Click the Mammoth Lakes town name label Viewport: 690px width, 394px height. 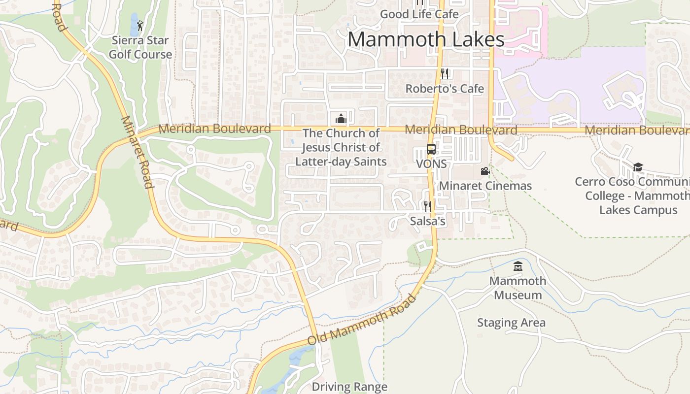(x=426, y=39)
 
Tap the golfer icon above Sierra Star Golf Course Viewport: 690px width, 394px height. (x=140, y=25)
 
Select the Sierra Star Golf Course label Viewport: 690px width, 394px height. (x=140, y=47)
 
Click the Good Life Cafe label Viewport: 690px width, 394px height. (x=419, y=14)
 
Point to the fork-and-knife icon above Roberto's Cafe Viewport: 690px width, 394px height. (x=445, y=74)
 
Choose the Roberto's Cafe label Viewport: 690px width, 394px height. (x=445, y=89)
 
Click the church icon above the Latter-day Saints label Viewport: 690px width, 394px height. (x=341, y=119)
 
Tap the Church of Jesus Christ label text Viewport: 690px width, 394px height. (x=341, y=147)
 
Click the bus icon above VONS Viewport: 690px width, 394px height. (x=431, y=149)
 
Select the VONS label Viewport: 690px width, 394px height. (x=431, y=164)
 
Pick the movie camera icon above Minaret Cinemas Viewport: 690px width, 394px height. (x=485, y=171)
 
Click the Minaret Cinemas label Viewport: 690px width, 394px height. (x=485, y=186)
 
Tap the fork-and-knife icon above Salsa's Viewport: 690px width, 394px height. (x=427, y=206)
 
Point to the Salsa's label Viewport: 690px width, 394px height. (x=428, y=221)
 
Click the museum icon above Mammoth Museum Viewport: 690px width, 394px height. (x=518, y=266)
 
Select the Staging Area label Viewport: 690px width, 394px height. (x=511, y=323)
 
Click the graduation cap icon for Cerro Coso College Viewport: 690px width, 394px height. (x=638, y=167)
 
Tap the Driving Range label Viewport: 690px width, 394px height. (x=349, y=387)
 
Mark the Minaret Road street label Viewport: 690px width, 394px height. (x=136, y=152)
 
